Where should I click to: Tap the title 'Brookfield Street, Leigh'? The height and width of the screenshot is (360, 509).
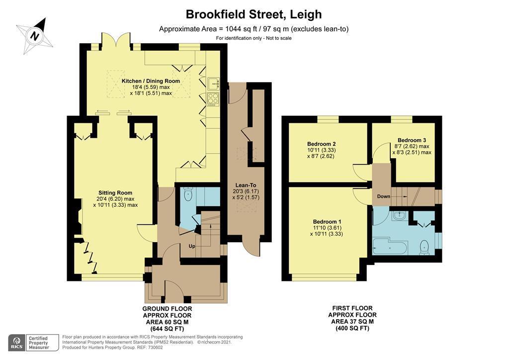click(x=254, y=14)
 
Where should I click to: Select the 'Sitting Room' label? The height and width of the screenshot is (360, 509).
click(x=115, y=192)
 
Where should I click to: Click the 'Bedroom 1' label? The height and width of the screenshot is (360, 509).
click(x=327, y=221)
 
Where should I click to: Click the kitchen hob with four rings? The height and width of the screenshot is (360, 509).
click(x=213, y=99)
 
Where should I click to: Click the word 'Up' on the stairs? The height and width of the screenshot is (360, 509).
click(x=191, y=246)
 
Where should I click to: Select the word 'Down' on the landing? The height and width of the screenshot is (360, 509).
click(x=383, y=196)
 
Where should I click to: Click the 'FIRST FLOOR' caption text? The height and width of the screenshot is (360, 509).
click(x=352, y=308)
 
